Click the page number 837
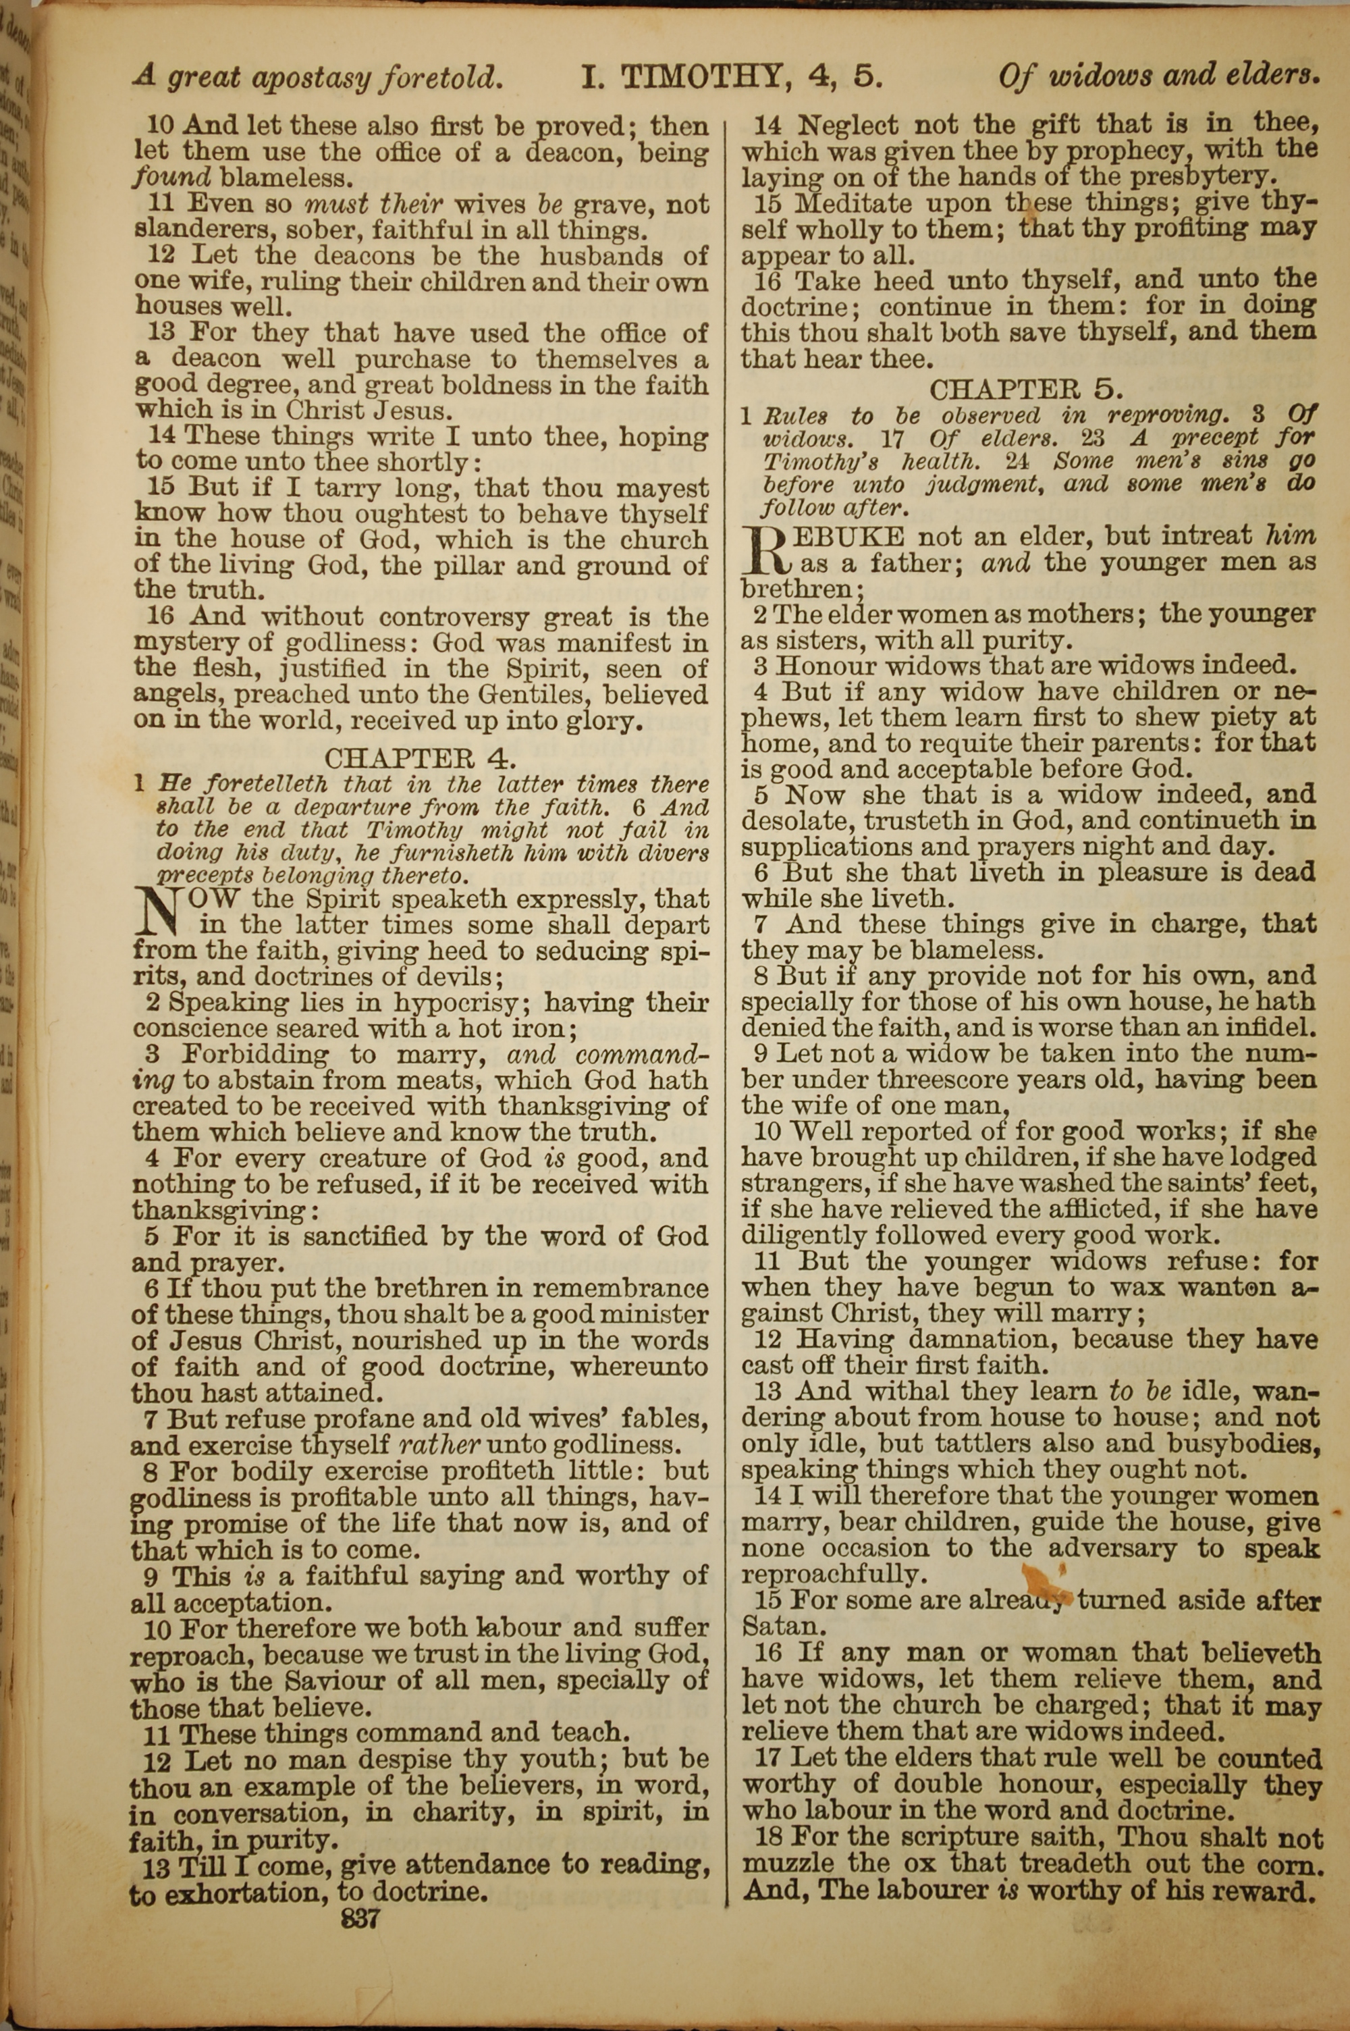point(360,1919)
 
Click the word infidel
point(1265,1028)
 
